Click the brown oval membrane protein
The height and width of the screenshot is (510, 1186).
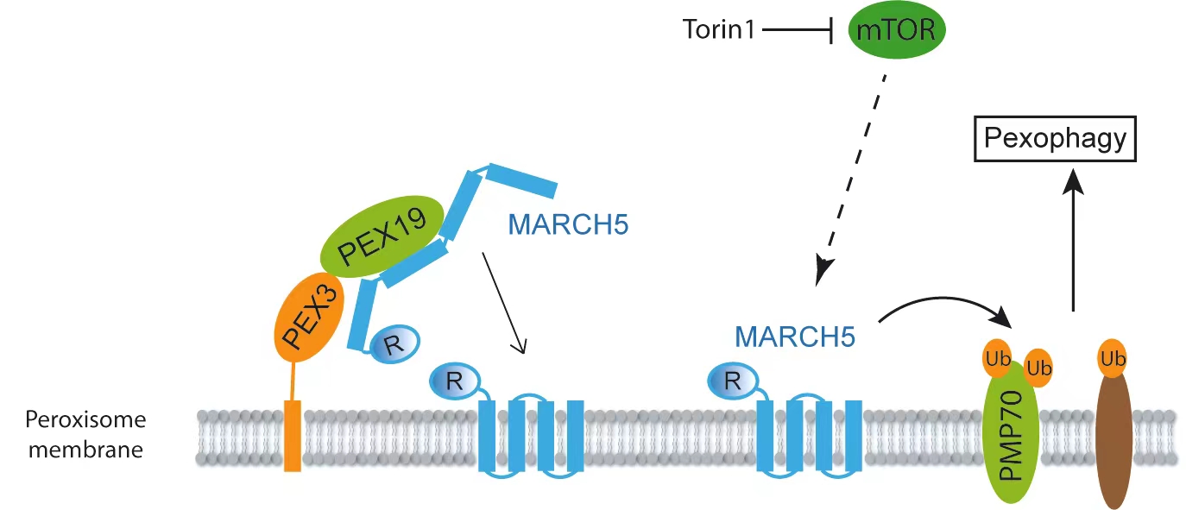[1113, 436]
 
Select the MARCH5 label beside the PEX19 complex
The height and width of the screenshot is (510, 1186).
[568, 226]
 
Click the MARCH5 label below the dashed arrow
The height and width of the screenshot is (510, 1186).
[795, 337]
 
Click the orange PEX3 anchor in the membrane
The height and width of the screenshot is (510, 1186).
[293, 436]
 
